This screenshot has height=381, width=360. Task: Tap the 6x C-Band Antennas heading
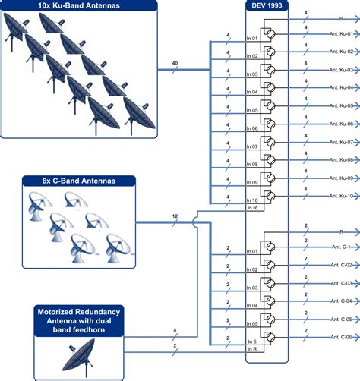77,181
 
